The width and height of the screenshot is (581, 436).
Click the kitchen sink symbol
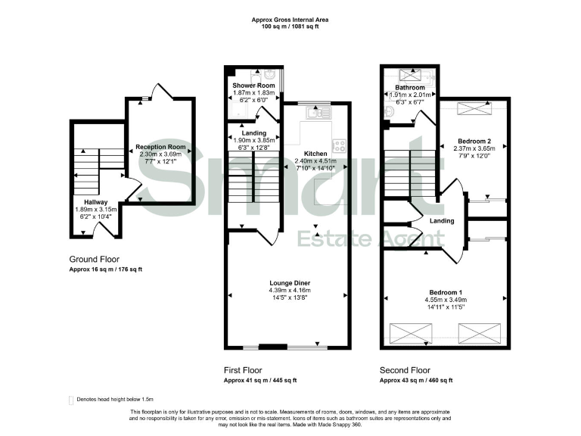[315, 114]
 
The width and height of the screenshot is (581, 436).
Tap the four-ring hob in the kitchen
[339, 145]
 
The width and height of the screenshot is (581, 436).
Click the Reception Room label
[160, 147]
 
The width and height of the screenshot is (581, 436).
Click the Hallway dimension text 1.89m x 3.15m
[95, 209]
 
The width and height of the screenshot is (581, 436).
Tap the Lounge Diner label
[290, 284]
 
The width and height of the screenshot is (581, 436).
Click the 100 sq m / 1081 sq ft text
[290, 26]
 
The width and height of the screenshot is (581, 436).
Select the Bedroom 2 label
[474, 141]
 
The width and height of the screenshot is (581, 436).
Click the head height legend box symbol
[71, 400]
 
